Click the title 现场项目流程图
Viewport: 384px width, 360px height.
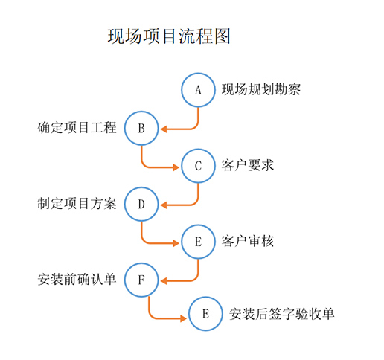(169, 36)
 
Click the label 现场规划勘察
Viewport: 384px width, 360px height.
(261, 89)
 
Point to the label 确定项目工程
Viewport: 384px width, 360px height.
(77, 128)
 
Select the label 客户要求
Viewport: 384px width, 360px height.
(248, 165)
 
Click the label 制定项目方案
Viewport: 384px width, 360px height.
(77, 204)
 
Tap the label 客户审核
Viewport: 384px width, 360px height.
(248, 241)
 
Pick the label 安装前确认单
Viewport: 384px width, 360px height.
(77, 280)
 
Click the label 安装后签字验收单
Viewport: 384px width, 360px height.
(281, 314)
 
